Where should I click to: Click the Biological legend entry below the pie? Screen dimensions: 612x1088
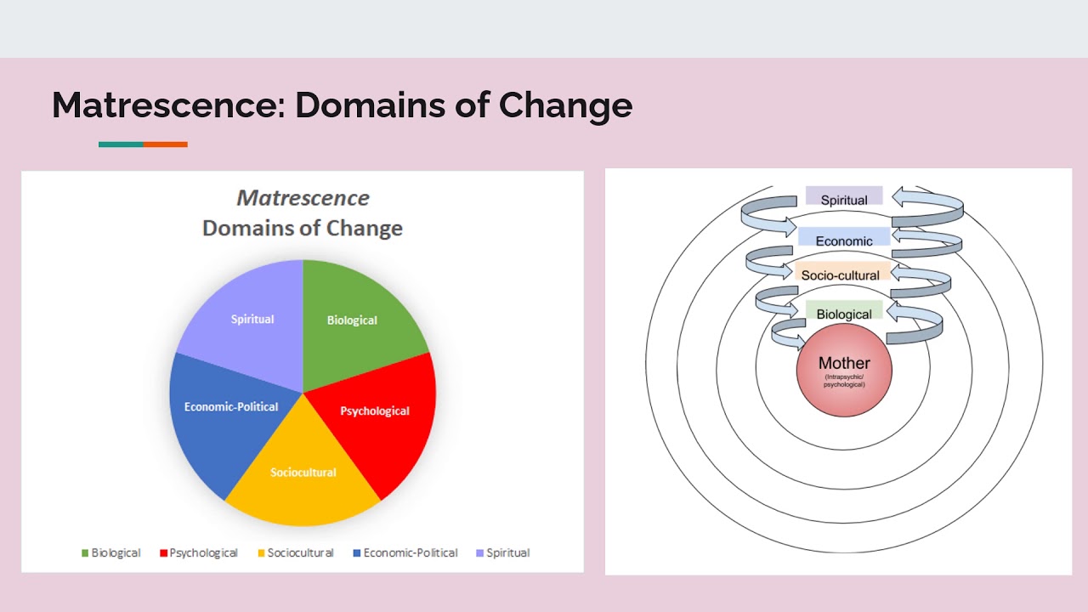tap(111, 552)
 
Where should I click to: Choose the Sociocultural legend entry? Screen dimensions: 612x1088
tap(295, 552)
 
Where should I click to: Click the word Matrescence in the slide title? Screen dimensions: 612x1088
tap(167, 105)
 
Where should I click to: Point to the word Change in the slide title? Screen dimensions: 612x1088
tap(565, 105)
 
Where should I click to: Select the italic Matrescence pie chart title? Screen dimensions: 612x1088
tap(303, 198)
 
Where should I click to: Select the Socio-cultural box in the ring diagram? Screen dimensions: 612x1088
tap(841, 274)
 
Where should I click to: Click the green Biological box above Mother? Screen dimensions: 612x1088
tap(844, 312)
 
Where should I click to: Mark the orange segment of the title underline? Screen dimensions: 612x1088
tap(165, 144)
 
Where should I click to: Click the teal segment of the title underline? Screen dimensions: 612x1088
tap(121, 144)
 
